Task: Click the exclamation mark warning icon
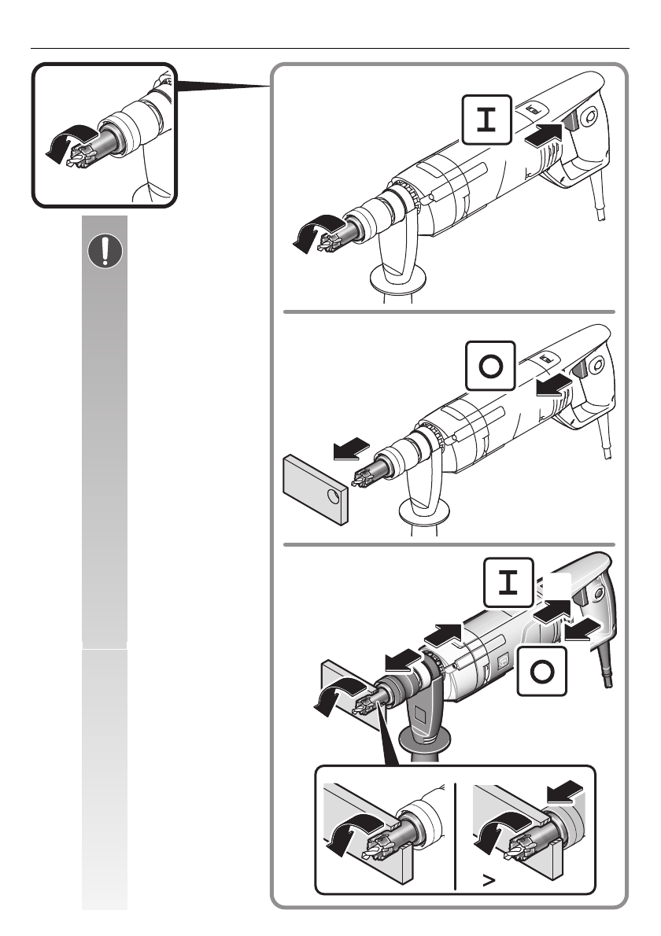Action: (105, 252)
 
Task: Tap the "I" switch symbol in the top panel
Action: (487, 120)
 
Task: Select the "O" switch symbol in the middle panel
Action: (490, 366)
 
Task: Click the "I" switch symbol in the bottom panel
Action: (508, 583)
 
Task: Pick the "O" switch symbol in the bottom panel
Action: (541, 671)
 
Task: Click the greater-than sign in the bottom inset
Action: (489, 880)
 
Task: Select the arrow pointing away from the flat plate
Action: (352, 448)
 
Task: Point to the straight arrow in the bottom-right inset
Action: (565, 791)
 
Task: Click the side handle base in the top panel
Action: (398, 279)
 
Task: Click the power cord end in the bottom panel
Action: (608, 680)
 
